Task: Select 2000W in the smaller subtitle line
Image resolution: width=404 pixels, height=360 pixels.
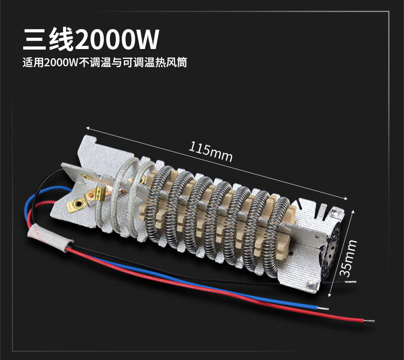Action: [x=61, y=63]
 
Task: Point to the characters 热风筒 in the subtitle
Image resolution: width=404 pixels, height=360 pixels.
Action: [x=172, y=63]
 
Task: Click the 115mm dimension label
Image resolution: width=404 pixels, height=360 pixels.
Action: [x=211, y=151]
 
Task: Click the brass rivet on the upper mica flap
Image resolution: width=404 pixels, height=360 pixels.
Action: [x=82, y=174]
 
